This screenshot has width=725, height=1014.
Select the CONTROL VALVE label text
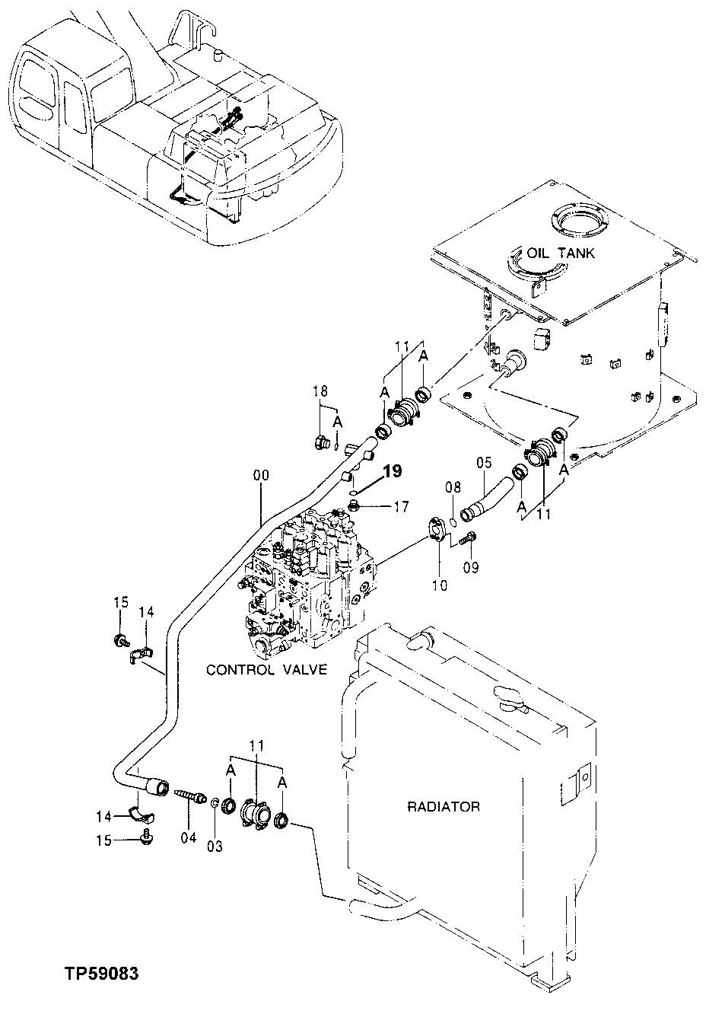click(266, 670)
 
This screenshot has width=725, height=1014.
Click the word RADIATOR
click(443, 806)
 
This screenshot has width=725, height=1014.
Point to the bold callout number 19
click(392, 471)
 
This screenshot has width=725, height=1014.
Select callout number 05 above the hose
click(485, 461)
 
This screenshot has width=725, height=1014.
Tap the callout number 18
click(320, 391)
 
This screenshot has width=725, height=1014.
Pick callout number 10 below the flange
click(439, 585)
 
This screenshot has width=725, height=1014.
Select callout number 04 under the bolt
click(188, 837)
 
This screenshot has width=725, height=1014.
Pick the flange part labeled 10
click(438, 529)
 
